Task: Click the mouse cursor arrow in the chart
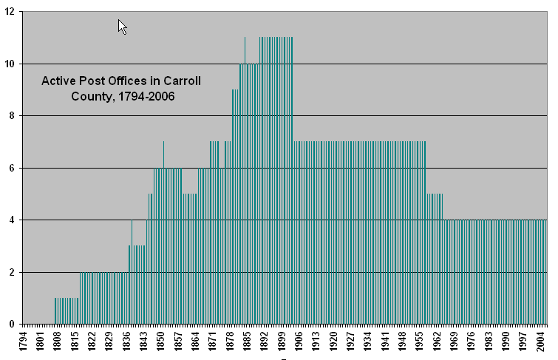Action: (x=123, y=27)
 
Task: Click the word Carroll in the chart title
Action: (x=182, y=81)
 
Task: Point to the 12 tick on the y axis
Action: (x=10, y=12)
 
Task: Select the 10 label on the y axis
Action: (x=10, y=64)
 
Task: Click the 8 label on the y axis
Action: (x=12, y=116)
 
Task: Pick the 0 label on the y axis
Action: (x=12, y=325)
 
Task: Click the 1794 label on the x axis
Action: (x=23, y=342)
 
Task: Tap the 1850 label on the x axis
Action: (x=161, y=342)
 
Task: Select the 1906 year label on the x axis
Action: (x=299, y=342)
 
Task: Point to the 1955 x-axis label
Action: (x=421, y=342)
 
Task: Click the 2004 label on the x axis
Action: (x=541, y=342)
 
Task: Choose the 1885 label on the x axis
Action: (x=248, y=342)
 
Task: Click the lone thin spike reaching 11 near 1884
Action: (x=245, y=50)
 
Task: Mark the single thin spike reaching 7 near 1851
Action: (x=163, y=154)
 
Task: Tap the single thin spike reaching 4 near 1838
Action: (x=132, y=233)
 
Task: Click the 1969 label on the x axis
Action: (x=455, y=342)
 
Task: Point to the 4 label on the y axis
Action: (x=12, y=220)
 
